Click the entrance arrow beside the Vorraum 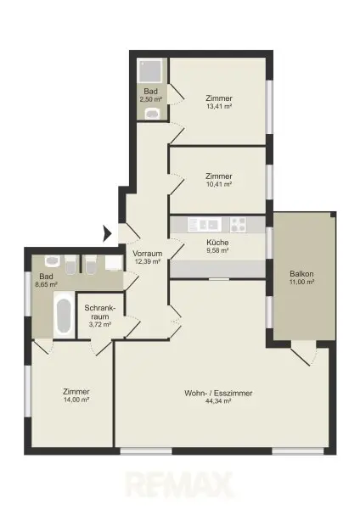108,232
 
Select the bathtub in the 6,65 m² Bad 64,317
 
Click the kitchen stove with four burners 238,225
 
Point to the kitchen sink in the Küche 205,225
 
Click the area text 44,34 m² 218,401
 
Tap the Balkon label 301,273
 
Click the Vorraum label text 146,253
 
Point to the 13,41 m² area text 218,108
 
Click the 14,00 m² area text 76,401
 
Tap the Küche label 218,243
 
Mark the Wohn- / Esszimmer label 218,393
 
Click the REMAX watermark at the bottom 180,486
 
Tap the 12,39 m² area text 146,261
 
